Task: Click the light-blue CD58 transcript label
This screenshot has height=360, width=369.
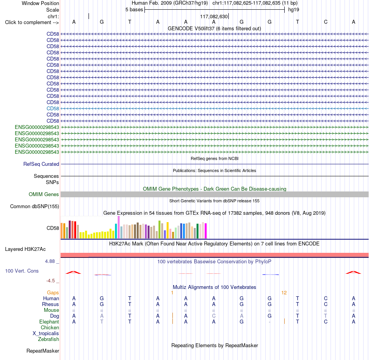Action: click(53, 108)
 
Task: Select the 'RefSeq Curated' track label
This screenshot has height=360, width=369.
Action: click(41, 164)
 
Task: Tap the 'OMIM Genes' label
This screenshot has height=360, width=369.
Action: click(44, 194)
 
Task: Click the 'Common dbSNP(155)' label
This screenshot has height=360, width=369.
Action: click(35, 206)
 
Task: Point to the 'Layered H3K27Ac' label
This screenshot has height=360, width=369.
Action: click(25, 249)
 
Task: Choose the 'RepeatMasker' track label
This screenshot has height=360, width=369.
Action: click(43, 351)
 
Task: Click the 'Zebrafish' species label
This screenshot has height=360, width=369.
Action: click(49, 339)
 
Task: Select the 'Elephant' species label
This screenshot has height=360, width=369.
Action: click(49, 322)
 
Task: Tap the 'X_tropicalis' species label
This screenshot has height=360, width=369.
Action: click(46, 334)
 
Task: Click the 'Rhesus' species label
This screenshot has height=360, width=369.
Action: click(50, 304)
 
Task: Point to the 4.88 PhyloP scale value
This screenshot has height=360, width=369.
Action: click(50, 261)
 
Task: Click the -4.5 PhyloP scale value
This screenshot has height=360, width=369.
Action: click(50, 281)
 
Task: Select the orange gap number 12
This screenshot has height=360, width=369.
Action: click(284, 293)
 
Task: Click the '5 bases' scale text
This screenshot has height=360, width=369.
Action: click(134, 10)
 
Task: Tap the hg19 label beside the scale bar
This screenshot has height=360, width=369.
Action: click(294, 10)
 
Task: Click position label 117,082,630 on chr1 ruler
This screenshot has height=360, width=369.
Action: click(214, 16)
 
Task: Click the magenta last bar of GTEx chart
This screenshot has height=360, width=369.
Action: click(206, 231)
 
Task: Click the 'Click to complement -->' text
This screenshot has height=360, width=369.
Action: click(32, 23)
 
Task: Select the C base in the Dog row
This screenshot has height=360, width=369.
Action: click(214, 316)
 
